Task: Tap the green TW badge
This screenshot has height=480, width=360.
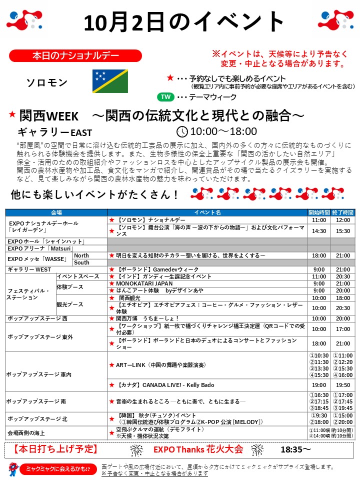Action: (165, 97)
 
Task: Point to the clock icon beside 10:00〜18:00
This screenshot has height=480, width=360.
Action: (182, 132)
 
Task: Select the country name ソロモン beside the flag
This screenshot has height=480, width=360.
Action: (46, 81)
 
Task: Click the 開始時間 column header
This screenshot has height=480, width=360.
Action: (318, 212)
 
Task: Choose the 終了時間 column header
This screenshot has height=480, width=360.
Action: (342, 212)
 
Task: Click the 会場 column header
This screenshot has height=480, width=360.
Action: (56, 212)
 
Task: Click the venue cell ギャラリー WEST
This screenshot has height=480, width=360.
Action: (30, 269)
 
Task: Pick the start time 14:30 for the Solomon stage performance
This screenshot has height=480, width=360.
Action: (318, 231)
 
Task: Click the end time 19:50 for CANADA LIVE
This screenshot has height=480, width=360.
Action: (342, 385)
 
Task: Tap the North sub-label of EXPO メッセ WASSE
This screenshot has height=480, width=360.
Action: (81, 255)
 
